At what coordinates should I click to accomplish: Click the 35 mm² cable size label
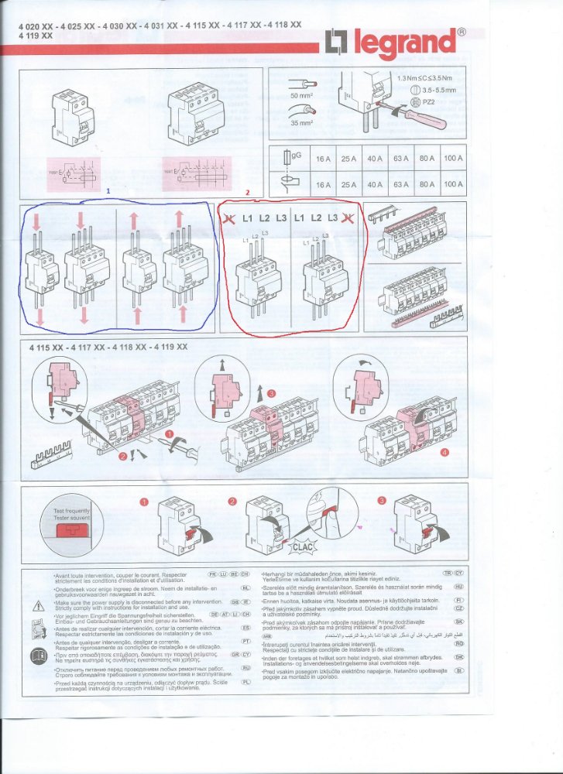301,122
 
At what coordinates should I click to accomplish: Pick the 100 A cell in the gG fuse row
453,159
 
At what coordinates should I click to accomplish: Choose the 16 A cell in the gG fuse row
323,159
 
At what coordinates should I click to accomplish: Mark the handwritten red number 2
246,191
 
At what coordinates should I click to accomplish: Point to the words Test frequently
72,512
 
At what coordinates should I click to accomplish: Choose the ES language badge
246,628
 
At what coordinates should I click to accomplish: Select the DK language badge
458,656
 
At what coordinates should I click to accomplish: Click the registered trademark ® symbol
462,33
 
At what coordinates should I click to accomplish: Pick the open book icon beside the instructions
38,657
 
